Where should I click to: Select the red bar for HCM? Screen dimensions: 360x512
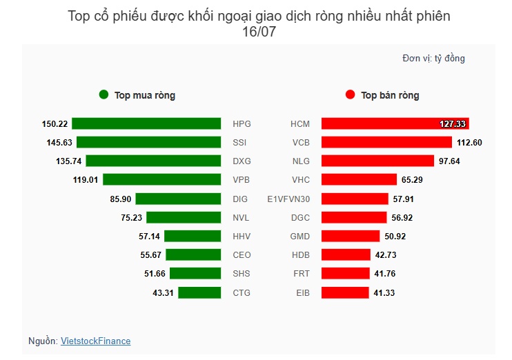point(395,124)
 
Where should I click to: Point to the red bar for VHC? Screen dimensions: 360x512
point(360,180)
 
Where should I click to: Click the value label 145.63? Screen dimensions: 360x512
point(59,143)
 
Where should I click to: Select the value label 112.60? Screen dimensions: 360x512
point(469,143)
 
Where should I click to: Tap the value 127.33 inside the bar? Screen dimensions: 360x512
point(453,124)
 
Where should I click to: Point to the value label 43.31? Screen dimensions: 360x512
point(165,292)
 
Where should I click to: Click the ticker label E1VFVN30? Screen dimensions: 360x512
point(288,199)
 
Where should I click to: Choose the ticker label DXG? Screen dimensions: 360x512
point(242,161)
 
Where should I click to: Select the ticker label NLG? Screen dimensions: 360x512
point(301,161)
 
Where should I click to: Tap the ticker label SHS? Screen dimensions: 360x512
point(242,274)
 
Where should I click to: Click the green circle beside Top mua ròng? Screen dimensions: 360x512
point(104,95)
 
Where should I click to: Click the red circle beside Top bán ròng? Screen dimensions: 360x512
point(350,95)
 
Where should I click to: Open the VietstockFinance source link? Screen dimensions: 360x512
point(95,341)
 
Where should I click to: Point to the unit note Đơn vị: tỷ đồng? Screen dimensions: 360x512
point(433,59)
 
